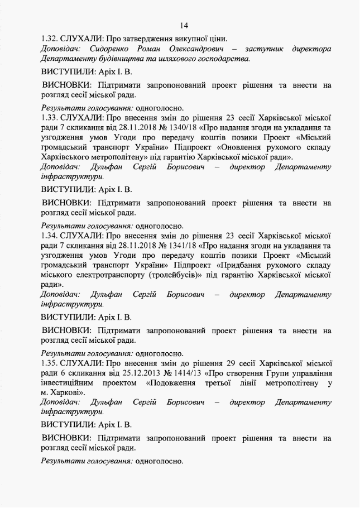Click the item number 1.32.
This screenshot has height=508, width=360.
(50, 39)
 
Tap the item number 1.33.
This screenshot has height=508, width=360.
(50, 118)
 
